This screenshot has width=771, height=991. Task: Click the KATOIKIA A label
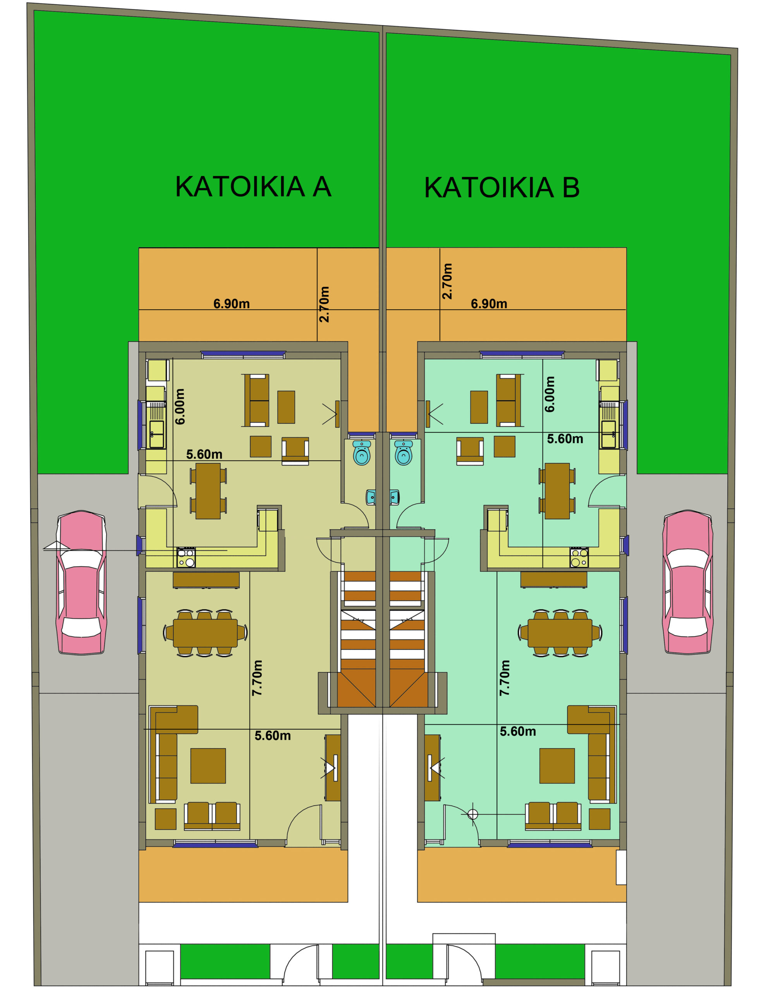tap(253, 187)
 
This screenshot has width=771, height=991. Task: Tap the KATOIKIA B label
tap(501, 187)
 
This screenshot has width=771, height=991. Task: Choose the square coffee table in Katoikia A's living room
tap(208, 766)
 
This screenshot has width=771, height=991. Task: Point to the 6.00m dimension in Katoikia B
tap(549, 394)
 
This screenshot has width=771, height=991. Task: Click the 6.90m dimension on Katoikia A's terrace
tap(232, 303)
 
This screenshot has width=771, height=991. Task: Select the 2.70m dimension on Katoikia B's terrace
tap(447, 281)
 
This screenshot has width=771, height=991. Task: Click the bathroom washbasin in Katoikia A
tap(371, 497)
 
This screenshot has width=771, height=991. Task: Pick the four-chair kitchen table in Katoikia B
tap(557, 491)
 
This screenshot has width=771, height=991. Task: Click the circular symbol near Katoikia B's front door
tap(472, 814)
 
